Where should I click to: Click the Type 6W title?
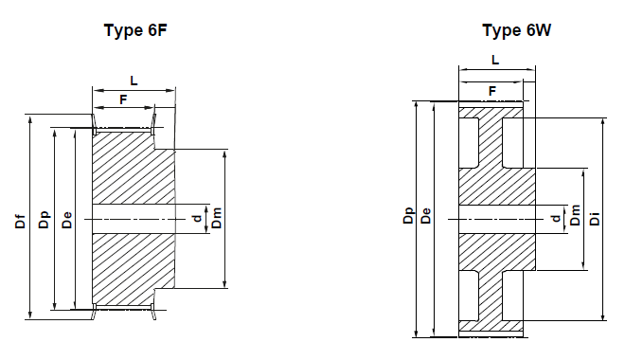[x=516, y=30]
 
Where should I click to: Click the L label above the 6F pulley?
[x=134, y=81]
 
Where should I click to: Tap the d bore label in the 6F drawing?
[x=196, y=219]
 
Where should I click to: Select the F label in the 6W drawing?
[x=491, y=91]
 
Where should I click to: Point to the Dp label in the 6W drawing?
[x=407, y=217]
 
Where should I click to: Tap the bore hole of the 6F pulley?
[x=133, y=219]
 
